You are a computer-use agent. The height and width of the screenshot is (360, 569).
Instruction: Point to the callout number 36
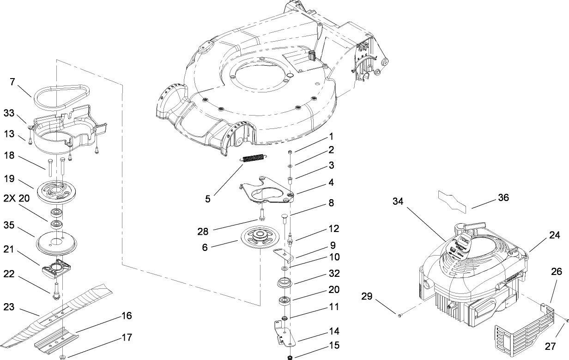pos(503,197)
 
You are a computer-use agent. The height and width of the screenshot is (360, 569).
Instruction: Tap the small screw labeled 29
pos(400,315)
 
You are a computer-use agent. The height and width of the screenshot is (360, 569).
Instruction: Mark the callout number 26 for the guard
pos(556,272)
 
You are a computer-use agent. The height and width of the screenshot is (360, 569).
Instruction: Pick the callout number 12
pos(334,228)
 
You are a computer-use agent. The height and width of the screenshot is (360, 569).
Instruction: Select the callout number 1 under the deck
pos(331,136)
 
